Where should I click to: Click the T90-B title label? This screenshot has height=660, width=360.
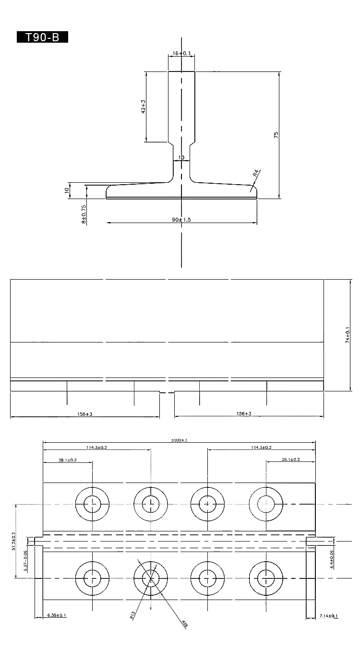(42, 37)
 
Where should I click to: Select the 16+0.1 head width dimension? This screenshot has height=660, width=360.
(181, 53)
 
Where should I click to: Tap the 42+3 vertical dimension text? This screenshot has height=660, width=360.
(143, 106)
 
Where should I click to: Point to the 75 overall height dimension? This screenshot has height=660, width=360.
(276, 135)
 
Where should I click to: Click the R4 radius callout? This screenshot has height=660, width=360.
(256, 173)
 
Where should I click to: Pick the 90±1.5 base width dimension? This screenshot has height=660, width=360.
(181, 219)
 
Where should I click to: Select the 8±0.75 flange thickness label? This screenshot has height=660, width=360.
(84, 214)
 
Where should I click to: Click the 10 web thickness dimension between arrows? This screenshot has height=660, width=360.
(181, 157)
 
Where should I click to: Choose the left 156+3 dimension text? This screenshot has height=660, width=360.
(84, 413)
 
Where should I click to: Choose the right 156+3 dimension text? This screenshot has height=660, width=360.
(244, 413)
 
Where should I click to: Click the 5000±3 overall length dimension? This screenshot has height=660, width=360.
(179, 439)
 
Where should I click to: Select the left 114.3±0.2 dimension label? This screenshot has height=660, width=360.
(96, 447)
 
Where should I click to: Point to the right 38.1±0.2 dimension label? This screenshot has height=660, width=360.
(291, 460)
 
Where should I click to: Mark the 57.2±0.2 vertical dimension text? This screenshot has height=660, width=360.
(13, 541)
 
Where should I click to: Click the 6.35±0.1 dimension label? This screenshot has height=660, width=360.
(57, 615)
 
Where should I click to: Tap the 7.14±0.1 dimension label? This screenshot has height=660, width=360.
(329, 615)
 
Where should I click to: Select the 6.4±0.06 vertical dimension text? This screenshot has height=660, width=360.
(332, 559)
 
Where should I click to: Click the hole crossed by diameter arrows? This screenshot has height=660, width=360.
(150, 578)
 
